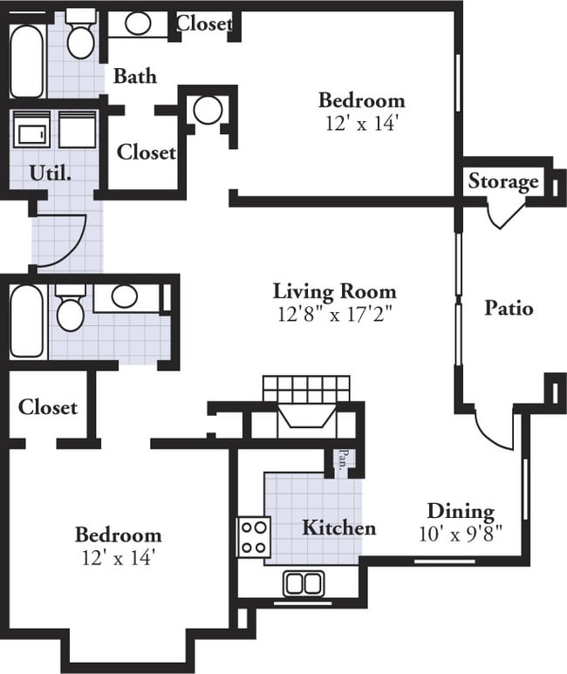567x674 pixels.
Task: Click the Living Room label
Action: pyautogui.click(x=335, y=292)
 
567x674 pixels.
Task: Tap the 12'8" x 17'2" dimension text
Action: pyautogui.click(x=335, y=314)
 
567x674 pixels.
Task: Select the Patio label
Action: pyautogui.click(x=509, y=308)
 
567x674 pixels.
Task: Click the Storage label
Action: pyautogui.click(x=503, y=181)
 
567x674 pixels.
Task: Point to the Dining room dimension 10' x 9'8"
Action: pyautogui.click(x=461, y=534)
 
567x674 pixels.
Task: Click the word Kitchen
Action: pyautogui.click(x=339, y=528)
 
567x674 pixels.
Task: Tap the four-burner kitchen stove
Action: pyautogui.click(x=254, y=537)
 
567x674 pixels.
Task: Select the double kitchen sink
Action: pyautogui.click(x=304, y=583)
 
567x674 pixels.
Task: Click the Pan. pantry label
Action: pyautogui.click(x=343, y=460)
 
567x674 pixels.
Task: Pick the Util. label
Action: pyautogui.click(x=51, y=174)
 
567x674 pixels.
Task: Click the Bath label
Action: pyautogui.click(x=135, y=76)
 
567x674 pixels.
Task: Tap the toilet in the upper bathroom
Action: pyautogui.click(x=80, y=35)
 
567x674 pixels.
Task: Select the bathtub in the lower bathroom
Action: pyautogui.click(x=27, y=321)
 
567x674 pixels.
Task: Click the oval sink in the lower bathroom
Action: pyautogui.click(x=125, y=296)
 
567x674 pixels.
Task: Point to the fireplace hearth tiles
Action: pyautogui.click(x=306, y=389)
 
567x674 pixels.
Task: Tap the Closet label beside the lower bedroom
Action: pyautogui.click(x=48, y=407)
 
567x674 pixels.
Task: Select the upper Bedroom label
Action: pyautogui.click(x=362, y=100)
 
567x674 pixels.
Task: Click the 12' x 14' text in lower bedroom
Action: pyautogui.click(x=119, y=558)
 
